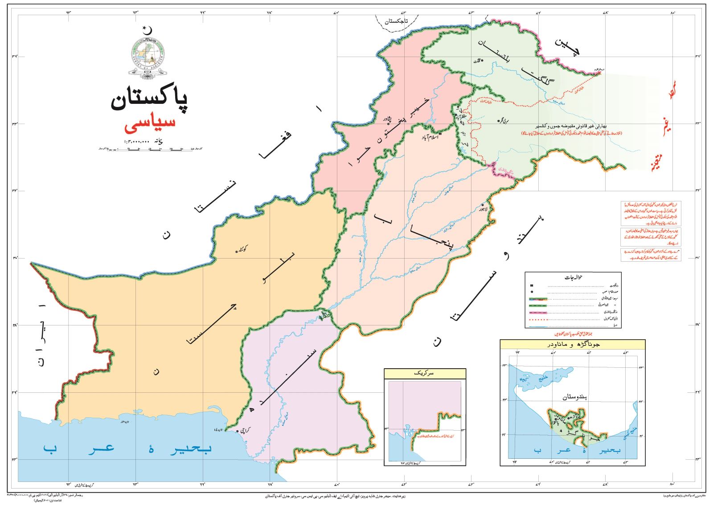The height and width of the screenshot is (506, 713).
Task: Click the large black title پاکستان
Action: pos(149,101)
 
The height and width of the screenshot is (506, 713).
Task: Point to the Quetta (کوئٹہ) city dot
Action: pos(237,252)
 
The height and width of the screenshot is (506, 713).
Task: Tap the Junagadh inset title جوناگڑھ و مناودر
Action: pos(573,345)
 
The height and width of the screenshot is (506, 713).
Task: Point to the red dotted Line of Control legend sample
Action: pos(575,320)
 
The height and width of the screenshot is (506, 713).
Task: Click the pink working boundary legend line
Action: pos(575,313)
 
